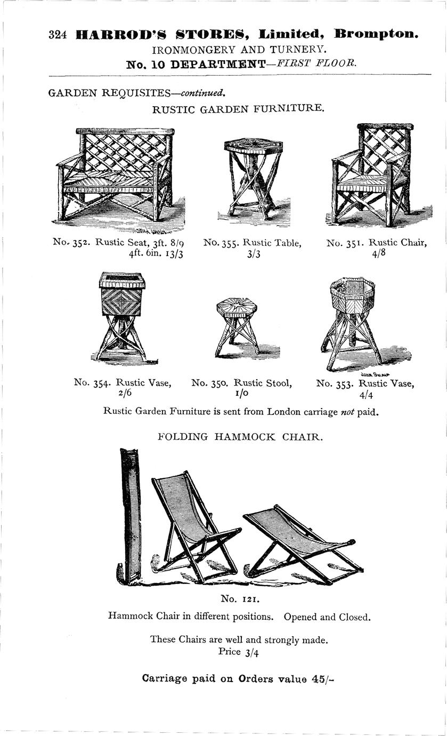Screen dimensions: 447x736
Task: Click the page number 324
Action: point(58,35)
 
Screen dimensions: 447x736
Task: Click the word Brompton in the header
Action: point(376,34)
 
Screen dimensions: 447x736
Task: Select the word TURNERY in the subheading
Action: point(298,50)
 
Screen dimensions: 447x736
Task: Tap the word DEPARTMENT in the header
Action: point(218,64)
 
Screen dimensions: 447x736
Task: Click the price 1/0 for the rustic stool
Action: point(242,393)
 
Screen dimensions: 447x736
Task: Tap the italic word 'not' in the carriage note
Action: point(347,412)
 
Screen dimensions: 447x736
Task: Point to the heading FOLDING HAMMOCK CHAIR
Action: point(240,437)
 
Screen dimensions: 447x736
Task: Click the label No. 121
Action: point(240,599)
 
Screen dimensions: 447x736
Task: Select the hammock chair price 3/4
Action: point(251,652)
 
